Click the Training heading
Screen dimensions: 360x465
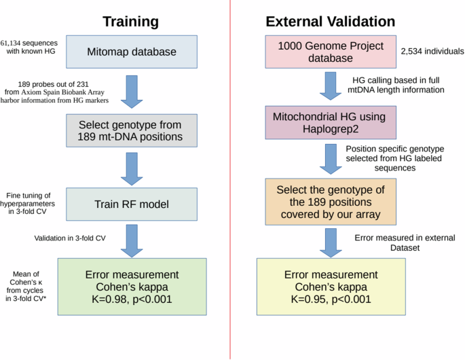pos(130,21)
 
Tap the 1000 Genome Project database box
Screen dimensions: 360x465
pos(324,52)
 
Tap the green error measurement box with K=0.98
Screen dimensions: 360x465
pos(132,286)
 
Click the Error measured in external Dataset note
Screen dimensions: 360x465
pos(405,242)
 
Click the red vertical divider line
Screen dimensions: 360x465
pos(231,180)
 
